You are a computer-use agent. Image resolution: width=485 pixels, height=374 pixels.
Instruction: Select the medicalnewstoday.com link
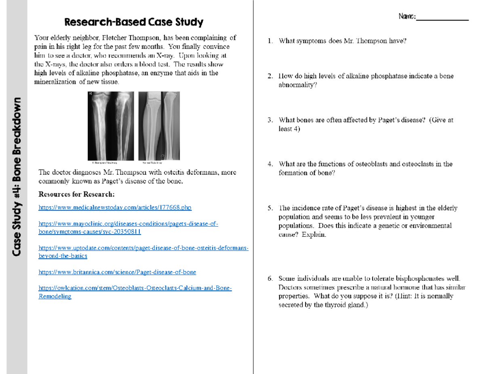coord(115,208)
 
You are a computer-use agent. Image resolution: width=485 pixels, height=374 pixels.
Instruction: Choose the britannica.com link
coord(117,272)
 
